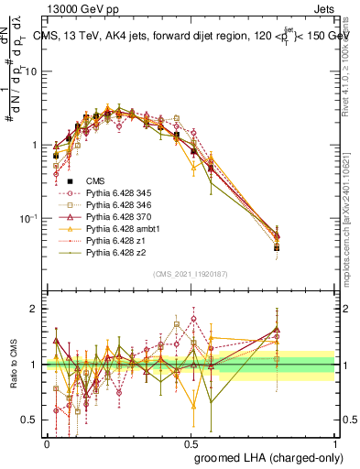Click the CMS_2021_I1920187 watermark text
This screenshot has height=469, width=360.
coord(191,274)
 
